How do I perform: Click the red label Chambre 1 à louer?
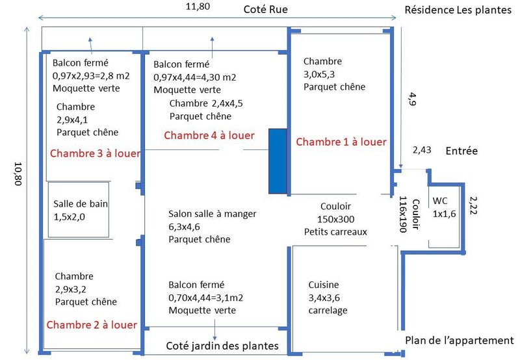(341, 142)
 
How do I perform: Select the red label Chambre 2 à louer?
(92, 324)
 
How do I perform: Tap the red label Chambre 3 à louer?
(93, 154)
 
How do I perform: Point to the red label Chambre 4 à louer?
(209, 135)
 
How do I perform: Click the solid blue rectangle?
(278, 161)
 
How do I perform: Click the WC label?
(440, 201)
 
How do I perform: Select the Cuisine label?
(324, 285)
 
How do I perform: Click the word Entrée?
(461, 151)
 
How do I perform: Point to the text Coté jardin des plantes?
(222, 345)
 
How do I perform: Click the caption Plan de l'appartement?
(460, 341)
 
